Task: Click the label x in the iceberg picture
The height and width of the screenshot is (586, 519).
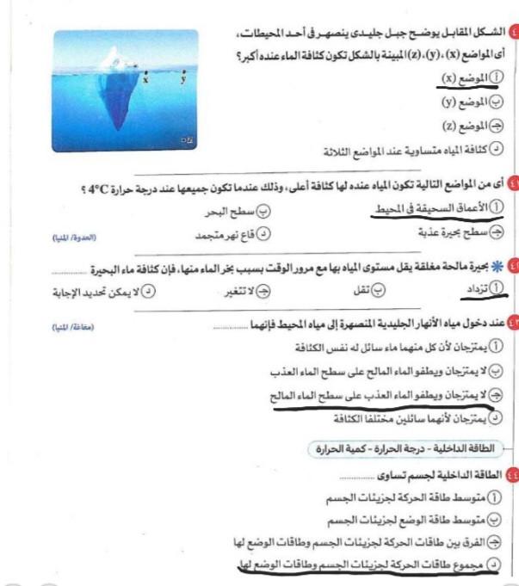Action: pos(146,80)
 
